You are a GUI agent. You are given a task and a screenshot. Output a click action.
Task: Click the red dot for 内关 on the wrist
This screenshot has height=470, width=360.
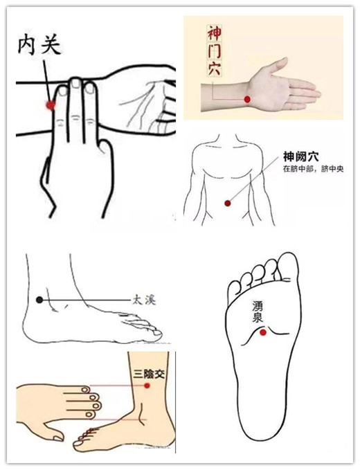coord(51,105)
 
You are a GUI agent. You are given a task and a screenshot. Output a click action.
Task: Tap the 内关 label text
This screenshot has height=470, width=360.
coord(39,46)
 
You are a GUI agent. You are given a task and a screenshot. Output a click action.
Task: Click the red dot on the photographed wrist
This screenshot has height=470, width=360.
coord(247,99)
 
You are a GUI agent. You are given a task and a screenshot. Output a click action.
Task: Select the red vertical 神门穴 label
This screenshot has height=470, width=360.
coord(215,51)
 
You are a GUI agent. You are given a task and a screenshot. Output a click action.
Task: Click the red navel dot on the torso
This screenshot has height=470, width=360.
coord(228,204)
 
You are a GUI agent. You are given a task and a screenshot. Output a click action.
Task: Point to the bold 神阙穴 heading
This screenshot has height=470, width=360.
coord(300,156)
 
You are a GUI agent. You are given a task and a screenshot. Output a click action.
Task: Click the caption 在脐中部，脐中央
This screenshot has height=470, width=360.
coord(313,170)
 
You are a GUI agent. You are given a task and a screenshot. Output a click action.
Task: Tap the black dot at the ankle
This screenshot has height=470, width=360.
coord(39,300)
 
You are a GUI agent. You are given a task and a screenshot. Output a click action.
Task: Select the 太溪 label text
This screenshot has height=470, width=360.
coord(144,300)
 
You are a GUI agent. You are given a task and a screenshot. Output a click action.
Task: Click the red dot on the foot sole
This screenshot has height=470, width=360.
coord(263,332)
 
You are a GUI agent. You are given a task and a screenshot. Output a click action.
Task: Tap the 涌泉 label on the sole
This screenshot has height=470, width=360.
coord(258,312)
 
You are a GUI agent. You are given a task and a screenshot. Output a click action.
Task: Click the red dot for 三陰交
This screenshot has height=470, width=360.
coord(147,386)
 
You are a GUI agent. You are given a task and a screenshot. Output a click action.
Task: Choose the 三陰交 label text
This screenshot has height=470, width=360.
coord(149,374)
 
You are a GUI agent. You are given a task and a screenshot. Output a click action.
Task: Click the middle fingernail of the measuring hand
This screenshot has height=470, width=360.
coord(76,83)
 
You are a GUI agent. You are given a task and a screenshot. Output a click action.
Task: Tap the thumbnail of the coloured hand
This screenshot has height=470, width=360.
coord(58,438)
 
